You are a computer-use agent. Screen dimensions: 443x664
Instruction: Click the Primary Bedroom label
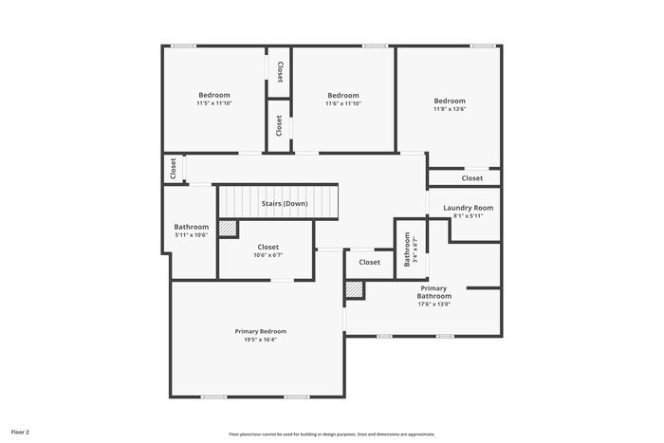260,331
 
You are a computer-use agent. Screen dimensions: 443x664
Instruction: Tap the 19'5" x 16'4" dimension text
260,340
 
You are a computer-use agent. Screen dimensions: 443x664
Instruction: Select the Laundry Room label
469,208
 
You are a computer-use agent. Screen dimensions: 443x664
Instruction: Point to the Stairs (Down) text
285,204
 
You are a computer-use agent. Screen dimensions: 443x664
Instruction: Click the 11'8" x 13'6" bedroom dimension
450,109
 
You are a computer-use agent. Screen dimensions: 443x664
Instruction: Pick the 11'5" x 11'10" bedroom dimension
213,103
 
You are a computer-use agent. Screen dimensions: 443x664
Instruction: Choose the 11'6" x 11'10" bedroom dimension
343,103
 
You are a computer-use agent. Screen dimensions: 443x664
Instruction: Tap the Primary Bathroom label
434,292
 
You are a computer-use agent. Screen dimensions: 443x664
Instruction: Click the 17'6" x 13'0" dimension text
434,305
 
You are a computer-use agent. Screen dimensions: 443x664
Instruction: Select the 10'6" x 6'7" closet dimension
268,255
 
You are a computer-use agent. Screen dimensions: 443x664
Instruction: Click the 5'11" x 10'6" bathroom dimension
191,235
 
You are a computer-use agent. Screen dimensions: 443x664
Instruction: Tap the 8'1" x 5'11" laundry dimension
469,216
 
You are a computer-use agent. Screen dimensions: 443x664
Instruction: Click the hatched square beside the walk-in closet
228,229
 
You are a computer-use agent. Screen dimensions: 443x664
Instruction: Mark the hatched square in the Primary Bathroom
354,289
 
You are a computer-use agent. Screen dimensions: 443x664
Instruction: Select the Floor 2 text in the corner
20,432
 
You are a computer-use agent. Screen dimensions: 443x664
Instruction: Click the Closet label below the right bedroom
472,178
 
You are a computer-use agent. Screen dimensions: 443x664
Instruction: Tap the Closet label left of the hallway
173,169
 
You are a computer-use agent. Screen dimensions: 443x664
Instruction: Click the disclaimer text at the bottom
331,434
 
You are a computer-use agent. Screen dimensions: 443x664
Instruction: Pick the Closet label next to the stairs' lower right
369,263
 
